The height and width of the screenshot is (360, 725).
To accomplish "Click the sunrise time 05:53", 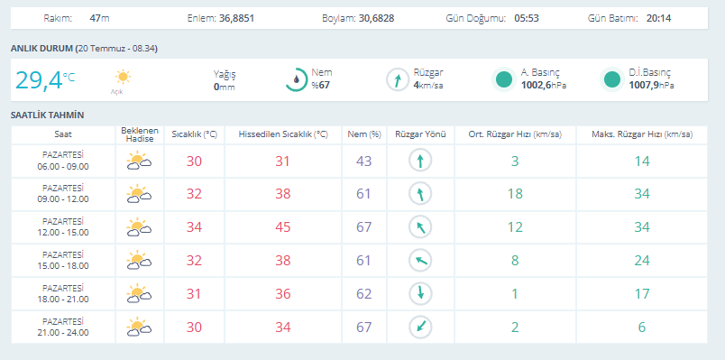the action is [527, 19].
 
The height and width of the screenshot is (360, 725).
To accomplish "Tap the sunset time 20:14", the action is [659, 19].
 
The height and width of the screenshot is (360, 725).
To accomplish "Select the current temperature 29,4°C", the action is [45, 80].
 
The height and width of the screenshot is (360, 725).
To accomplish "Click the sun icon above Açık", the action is [123, 77].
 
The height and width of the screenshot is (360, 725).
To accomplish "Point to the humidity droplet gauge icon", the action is [297, 79].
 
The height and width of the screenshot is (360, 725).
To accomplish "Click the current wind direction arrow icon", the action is [398, 79].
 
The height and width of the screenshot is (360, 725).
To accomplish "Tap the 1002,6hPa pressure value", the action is [543, 86].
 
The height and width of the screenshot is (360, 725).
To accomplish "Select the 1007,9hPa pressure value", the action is [651, 86].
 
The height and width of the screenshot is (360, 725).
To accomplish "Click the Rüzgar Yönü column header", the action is [420, 134].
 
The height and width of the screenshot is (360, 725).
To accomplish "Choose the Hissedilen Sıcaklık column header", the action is [283, 134].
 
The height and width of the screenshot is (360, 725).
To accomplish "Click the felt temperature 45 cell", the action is [283, 227].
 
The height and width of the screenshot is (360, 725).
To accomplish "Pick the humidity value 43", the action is [364, 161].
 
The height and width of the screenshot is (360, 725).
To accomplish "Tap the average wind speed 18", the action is [515, 194].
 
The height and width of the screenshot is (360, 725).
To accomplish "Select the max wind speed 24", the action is [642, 261].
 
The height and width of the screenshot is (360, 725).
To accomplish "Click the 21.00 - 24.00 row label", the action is [63, 328].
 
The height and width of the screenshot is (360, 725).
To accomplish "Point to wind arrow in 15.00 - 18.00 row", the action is [420, 261].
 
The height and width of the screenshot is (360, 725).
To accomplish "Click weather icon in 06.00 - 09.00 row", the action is [139, 161].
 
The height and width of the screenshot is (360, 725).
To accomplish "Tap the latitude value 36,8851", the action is [237, 19].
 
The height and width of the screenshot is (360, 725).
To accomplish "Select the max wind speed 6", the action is [642, 328].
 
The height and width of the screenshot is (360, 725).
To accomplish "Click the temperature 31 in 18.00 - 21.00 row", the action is [194, 294].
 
